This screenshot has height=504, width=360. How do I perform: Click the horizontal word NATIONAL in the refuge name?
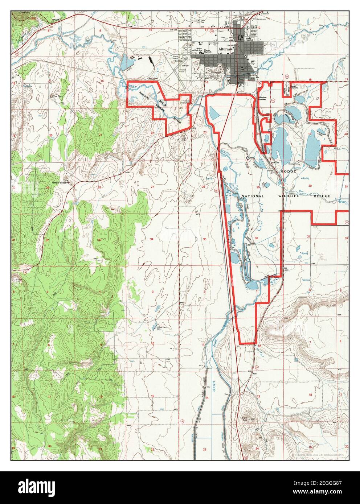coord(253,196)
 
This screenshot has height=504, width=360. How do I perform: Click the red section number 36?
coord(256,238)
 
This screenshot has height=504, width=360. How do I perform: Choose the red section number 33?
coord(99,240)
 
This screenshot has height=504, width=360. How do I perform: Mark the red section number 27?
coord(152,187)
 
